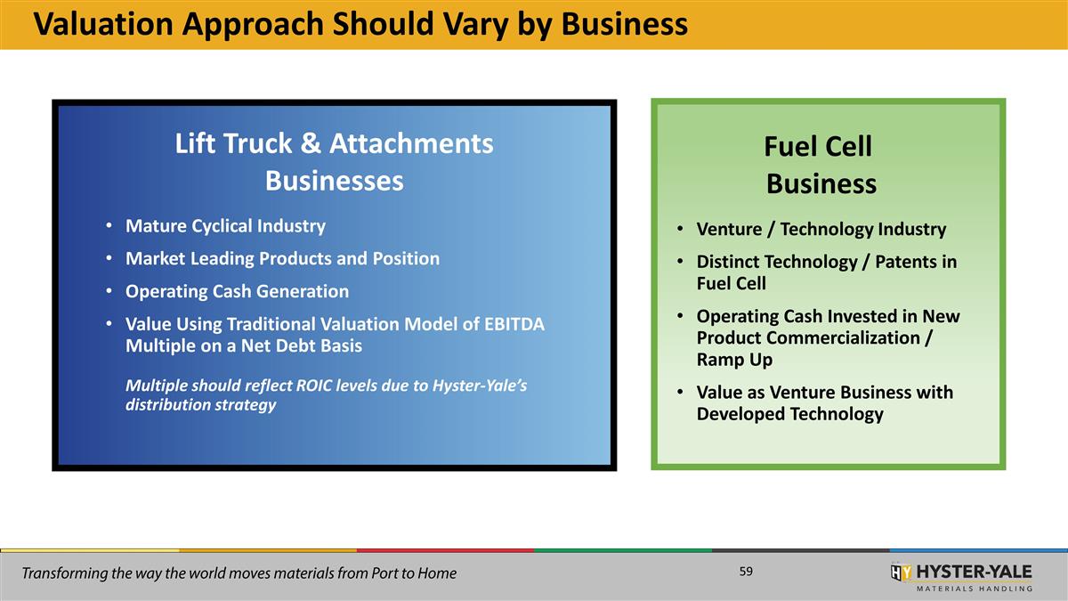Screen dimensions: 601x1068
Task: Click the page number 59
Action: [x=746, y=572]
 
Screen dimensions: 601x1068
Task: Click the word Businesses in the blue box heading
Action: [x=334, y=181]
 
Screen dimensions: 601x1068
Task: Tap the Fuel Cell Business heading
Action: [x=820, y=166]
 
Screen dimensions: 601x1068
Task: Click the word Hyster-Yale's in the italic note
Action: [x=480, y=386]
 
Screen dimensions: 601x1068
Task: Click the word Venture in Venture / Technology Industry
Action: [x=725, y=230]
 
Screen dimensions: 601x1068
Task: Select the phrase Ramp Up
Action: [x=734, y=360]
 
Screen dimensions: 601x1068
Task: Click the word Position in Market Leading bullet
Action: [x=406, y=259]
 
